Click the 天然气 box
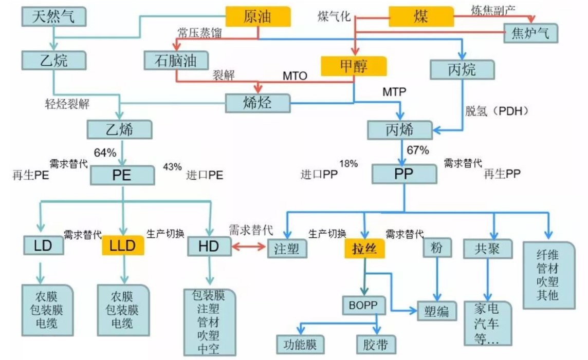point(53,17)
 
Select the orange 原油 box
point(258,17)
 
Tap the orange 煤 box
point(421,17)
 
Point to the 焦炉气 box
point(530,34)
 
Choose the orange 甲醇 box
point(354,66)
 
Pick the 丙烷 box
point(462,69)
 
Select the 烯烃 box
point(258,103)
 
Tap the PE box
point(122,175)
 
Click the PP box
point(404,175)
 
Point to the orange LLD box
point(123,246)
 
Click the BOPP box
point(364,306)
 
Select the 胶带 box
point(376,344)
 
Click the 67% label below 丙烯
point(417,150)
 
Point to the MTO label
point(295,77)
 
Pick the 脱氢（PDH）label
point(497,111)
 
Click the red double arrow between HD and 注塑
point(250,247)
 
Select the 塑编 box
point(436,311)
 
